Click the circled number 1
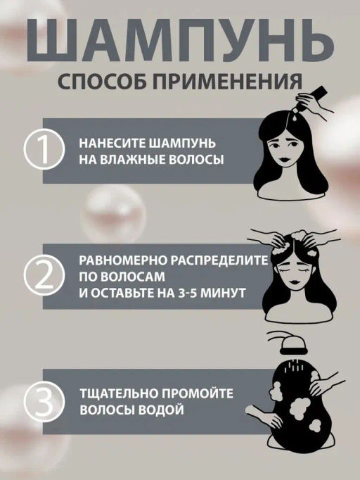tap(45, 151)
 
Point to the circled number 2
tap(45, 276)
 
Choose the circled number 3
tap(45, 402)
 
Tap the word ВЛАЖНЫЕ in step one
tap(134, 160)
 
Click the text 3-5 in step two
tap(188, 293)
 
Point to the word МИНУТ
tap(224, 293)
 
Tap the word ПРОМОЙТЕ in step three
tap(198, 393)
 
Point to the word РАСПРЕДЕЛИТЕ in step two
tap(219, 260)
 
